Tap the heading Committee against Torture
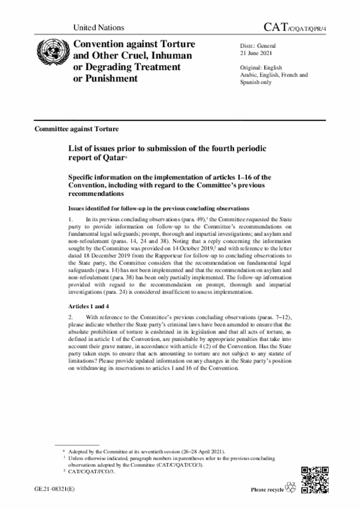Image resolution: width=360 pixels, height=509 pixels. click(x=76, y=129)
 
